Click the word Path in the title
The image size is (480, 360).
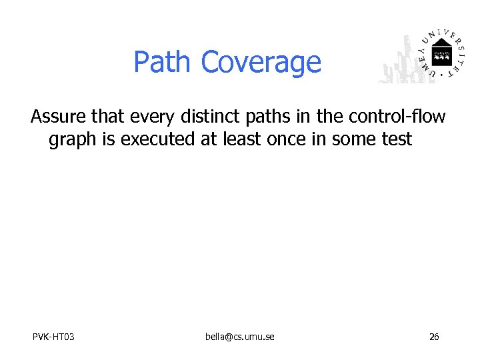click(163, 62)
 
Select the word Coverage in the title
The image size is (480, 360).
click(261, 63)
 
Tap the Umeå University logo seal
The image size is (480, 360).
click(440, 54)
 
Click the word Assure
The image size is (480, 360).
click(59, 117)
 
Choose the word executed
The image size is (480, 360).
click(151, 139)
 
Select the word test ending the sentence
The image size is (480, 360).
click(397, 139)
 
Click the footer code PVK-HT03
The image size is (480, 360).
click(53, 337)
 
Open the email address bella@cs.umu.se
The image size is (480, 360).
click(239, 337)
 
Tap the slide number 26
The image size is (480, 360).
click(433, 337)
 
